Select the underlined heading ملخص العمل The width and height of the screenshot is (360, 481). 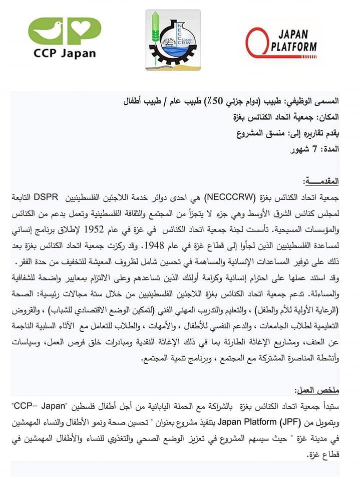click(320, 389)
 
